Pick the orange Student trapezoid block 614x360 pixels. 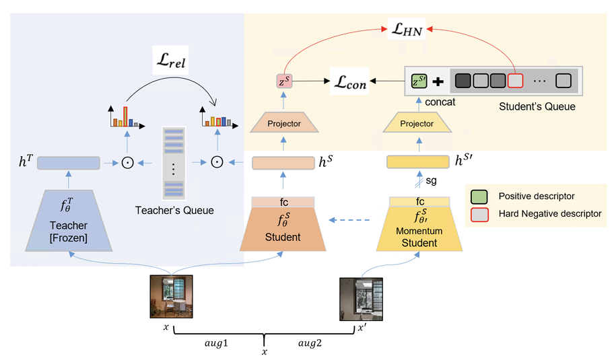pyautogui.click(x=283, y=225)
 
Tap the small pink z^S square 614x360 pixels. pyautogui.click(x=283, y=81)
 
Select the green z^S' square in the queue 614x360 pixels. pyautogui.click(x=420, y=82)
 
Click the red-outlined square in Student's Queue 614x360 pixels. pyautogui.click(x=515, y=82)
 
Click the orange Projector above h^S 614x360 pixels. pyautogui.click(x=283, y=124)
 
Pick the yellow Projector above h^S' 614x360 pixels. pyautogui.click(x=417, y=124)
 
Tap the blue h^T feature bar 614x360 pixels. pyautogui.click(x=68, y=163)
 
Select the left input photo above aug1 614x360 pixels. pyautogui.click(x=171, y=296)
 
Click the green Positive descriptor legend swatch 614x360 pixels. pyautogui.click(x=479, y=196)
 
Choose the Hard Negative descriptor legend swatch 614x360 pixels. pyautogui.click(x=479, y=213)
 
